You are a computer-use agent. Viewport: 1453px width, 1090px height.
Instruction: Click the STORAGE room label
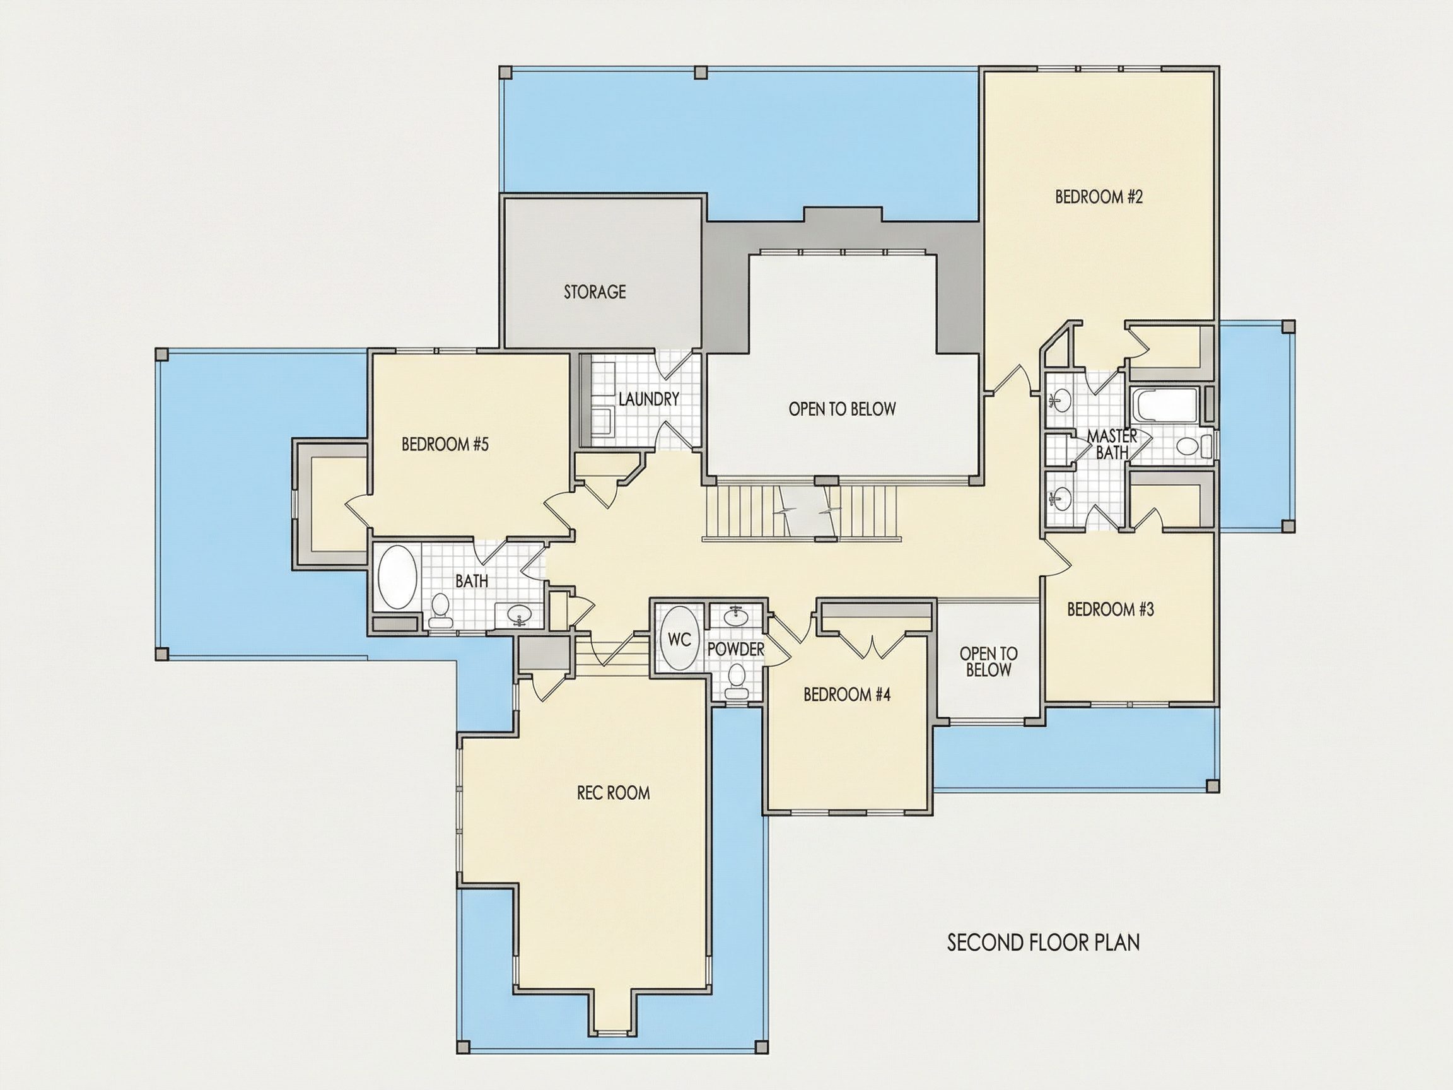[595, 291]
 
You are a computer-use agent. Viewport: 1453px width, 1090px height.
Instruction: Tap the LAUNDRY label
[648, 399]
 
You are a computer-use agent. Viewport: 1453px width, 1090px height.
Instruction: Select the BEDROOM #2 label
[1099, 196]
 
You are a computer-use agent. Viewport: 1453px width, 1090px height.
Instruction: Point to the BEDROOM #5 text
[445, 445]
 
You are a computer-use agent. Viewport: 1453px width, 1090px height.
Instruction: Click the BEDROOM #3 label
[1111, 610]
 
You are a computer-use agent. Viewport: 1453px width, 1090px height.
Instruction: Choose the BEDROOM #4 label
[848, 694]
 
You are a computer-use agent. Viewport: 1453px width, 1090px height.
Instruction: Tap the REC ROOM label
[614, 793]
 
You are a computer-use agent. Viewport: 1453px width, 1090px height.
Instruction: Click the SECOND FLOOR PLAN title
[1043, 943]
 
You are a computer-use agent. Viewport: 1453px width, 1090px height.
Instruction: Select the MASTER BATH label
[1111, 444]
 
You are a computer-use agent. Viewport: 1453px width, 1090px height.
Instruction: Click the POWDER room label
[736, 650]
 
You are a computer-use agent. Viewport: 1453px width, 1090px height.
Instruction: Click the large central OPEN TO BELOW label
[842, 409]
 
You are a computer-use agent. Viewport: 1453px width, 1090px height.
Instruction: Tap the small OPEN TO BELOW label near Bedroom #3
[989, 662]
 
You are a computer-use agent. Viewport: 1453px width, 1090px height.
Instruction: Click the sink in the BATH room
[518, 615]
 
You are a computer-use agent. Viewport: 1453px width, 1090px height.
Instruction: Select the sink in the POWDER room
[735, 616]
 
